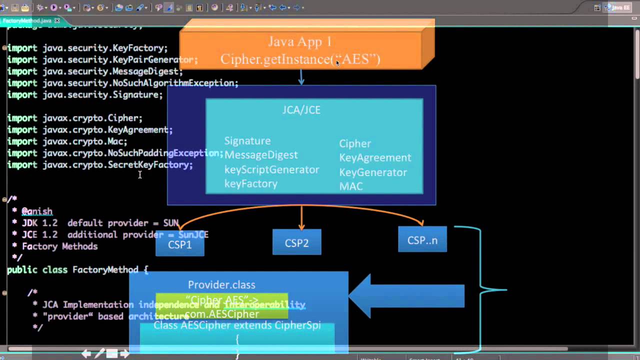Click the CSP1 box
click(x=179, y=245)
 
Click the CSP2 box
click(x=296, y=243)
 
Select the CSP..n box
click(x=422, y=240)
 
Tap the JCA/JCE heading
click(x=301, y=110)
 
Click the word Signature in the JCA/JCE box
click(x=247, y=141)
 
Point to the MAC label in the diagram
click(x=350, y=186)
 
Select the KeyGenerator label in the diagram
click(x=372, y=172)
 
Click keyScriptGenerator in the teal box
click(x=271, y=169)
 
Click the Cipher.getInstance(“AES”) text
click(x=300, y=59)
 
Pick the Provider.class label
click(x=221, y=284)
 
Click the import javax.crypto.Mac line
click(x=67, y=141)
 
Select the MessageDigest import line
click(x=95, y=71)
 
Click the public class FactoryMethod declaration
click(x=77, y=269)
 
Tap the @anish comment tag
click(x=36, y=211)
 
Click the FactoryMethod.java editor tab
click(x=27, y=20)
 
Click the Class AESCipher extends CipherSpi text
click(x=237, y=325)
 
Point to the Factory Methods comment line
click(x=59, y=246)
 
